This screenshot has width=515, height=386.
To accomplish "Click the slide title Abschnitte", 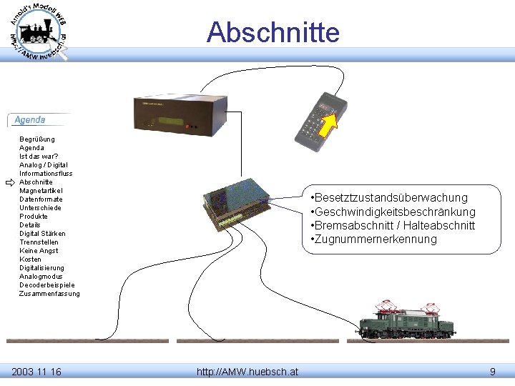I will pyautogui.click(x=273, y=32).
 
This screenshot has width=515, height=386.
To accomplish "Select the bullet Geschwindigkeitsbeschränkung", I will pyautogui.click(x=393, y=212).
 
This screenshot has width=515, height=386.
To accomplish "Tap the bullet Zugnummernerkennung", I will pyautogui.click(x=373, y=239).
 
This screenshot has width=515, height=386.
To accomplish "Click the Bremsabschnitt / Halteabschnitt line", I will pyautogui.click(x=393, y=226).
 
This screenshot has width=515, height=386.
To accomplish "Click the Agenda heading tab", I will pyautogui.click(x=31, y=120).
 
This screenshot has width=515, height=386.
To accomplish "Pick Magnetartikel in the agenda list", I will pyautogui.click(x=41, y=191).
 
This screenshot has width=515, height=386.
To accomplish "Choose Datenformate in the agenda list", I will pyautogui.click(x=41, y=199).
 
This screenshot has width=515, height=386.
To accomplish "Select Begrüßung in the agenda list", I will pyautogui.click(x=37, y=139).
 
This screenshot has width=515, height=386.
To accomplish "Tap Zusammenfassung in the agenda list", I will pyautogui.click(x=49, y=294).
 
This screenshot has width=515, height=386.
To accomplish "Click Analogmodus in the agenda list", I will pyautogui.click(x=41, y=277).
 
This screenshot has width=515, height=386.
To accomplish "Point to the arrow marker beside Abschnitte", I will pyautogui.click(x=9, y=182).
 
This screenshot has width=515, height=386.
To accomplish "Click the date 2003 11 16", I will pyautogui.click(x=36, y=372).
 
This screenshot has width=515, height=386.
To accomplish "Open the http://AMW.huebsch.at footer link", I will pyautogui.click(x=247, y=372).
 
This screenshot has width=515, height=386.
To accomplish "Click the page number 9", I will pyautogui.click(x=492, y=372).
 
